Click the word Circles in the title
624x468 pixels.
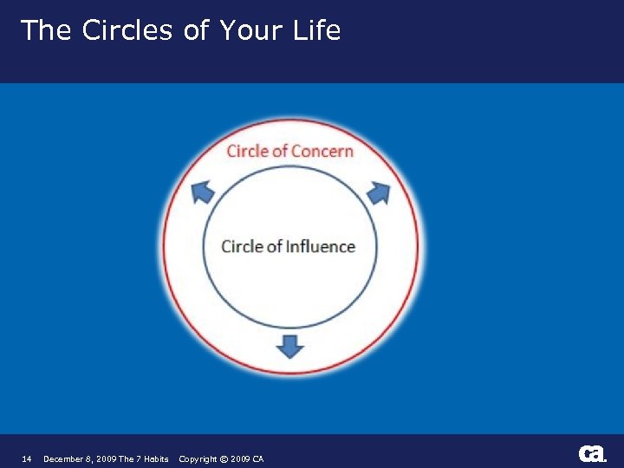[x=128, y=30]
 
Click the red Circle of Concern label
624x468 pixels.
[x=289, y=151]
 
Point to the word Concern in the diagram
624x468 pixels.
[x=322, y=151]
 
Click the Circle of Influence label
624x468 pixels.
[x=288, y=246]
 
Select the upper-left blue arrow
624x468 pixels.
[x=202, y=192]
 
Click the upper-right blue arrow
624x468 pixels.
[x=379, y=192]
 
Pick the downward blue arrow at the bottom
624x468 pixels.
[x=289, y=346]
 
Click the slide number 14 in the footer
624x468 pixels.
[x=26, y=458]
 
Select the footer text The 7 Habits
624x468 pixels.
[x=143, y=458]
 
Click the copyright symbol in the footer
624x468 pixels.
[x=223, y=458]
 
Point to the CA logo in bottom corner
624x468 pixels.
[x=593, y=454]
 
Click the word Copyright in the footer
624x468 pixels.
[x=198, y=458]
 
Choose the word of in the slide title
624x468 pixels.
[x=196, y=30]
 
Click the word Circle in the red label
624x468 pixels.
[x=247, y=151]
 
